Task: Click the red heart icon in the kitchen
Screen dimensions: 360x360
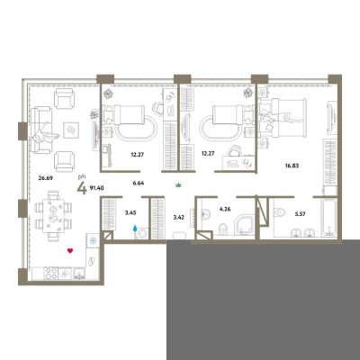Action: click(x=70, y=250)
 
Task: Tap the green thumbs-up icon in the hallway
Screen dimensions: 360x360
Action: click(x=179, y=184)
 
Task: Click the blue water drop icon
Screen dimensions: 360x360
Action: click(x=135, y=229)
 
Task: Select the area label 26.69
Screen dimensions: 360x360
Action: click(x=46, y=177)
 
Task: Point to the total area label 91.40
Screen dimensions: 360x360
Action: click(x=96, y=188)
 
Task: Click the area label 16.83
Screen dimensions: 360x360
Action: click(x=292, y=166)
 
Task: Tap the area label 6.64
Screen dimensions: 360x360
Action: click(x=139, y=182)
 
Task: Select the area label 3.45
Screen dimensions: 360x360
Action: click(x=130, y=213)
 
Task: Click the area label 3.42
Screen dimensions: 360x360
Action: click(x=179, y=217)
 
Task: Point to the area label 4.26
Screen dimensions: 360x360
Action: click(x=225, y=209)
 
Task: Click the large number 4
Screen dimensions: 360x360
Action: click(x=82, y=189)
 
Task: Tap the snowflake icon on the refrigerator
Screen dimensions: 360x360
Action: click(x=93, y=240)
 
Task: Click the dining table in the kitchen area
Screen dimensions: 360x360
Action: click(x=53, y=215)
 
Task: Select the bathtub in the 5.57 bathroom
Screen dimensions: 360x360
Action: click(x=329, y=217)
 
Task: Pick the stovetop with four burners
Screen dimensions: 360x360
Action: click(x=50, y=274)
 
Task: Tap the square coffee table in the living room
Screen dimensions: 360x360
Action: click(x=71, y=130)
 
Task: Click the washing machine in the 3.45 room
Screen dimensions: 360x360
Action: click(x=142, y=233)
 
